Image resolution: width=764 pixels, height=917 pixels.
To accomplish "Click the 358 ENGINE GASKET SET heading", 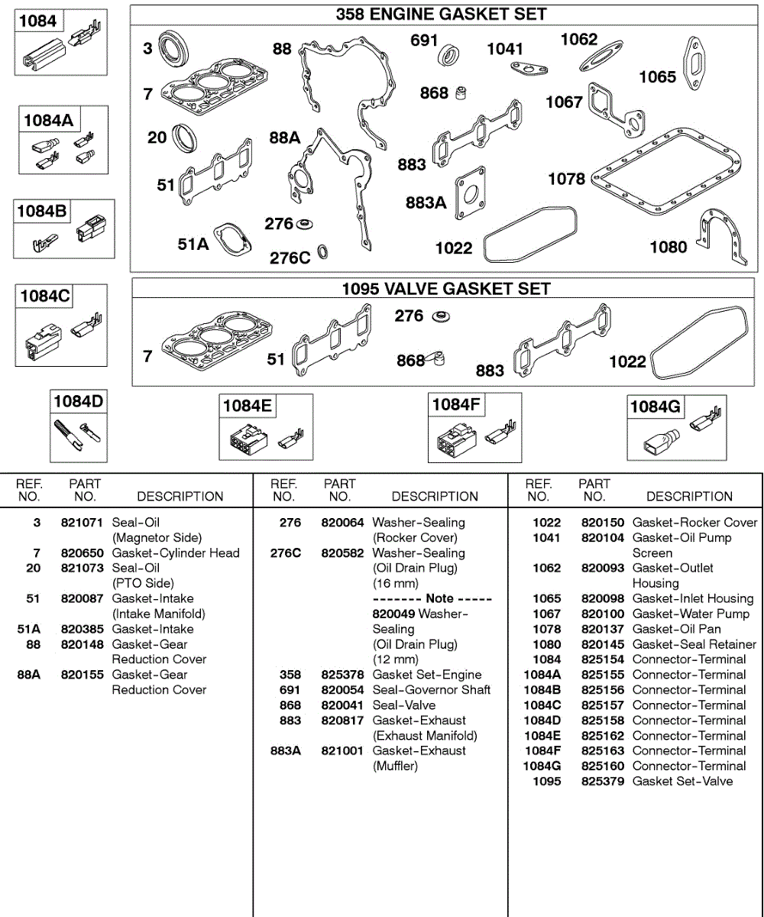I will (x=442, y=15).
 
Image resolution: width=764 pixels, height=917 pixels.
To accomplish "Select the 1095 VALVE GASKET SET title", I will (x=445, y=289).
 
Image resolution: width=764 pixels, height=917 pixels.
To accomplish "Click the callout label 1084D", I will (x=77, y=401).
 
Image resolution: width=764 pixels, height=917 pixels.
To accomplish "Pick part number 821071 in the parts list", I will (x=82, y=523).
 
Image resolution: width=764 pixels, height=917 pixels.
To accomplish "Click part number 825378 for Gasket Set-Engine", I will (x=342, y=675).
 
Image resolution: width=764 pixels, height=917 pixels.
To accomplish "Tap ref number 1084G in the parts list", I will (x=542, y=766).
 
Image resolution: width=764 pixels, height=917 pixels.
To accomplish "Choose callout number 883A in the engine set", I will (x=426, y=203).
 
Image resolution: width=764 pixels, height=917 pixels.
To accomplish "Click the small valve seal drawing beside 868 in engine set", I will (x=461, y=93).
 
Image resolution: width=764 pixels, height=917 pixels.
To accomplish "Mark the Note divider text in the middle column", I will (x=432, y=598).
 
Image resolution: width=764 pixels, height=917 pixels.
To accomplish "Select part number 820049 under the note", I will (x=393, y=614).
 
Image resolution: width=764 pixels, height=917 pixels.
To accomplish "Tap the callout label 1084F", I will (x=456, y=404).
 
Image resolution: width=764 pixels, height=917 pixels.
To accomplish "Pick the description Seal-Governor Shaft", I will (x=431, y=690).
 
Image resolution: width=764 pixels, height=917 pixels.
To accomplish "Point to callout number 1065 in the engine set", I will (x=657, y=76).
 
